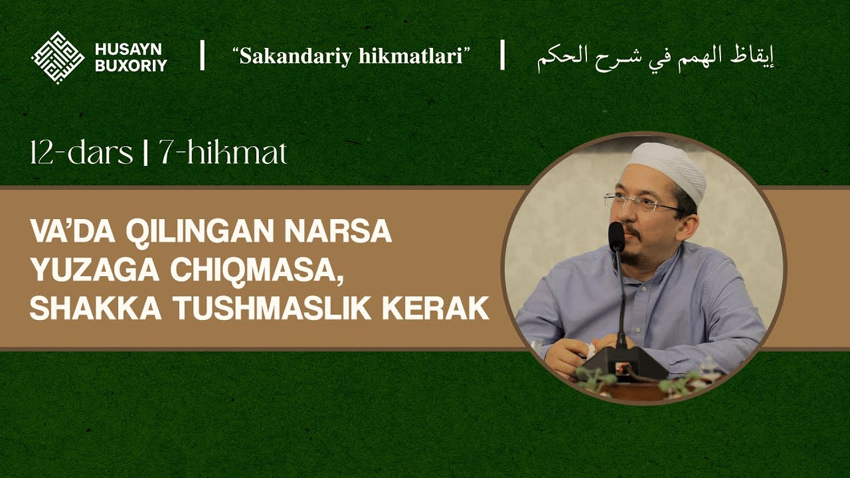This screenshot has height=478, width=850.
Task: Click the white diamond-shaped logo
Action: [x=58, y=57]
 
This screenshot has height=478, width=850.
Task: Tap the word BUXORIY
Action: [x=131, y=65]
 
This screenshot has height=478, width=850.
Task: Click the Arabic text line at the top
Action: [x=655, y=56]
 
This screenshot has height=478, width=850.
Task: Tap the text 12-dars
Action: [x=81, y=154]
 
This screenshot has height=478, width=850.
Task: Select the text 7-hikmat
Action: [x=222, y=154]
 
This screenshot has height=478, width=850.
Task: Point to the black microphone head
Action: [x=616, y=236]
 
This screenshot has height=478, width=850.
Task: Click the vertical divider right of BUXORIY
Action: [x=202, y=56]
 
